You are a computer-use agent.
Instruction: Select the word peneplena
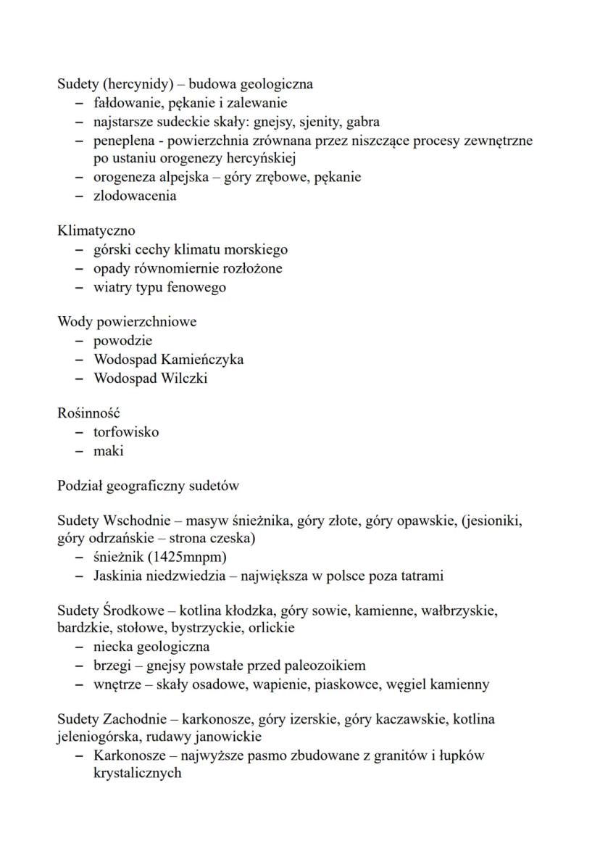click(124, 141)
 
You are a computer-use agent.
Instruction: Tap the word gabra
click(363, 122)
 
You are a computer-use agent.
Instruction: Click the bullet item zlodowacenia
click(135, 196)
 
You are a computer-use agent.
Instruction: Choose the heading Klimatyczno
click(96, 231)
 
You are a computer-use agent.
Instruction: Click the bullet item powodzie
click(122, 341)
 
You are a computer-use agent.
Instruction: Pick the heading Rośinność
click(88, 413)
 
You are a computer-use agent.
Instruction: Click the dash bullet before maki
click(79, 451)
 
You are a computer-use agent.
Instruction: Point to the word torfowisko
click(126, 432)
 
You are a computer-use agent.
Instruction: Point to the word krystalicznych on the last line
click(137, 774)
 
